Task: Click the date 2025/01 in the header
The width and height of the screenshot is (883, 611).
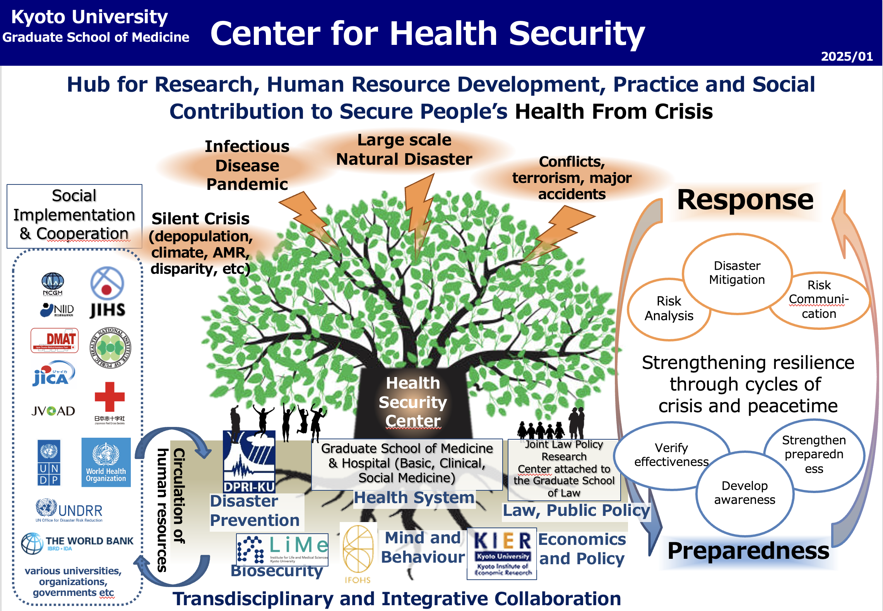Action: tap(846, 56)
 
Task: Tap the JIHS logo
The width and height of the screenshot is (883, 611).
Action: tap(107, 292)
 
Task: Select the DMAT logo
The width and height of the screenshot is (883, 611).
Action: tap(55, 340)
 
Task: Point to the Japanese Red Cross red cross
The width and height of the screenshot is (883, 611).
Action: tap(110, 397)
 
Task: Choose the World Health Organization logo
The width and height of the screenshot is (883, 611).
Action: tap(106, 462)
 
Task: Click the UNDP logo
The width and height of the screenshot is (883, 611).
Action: tap(49, 463)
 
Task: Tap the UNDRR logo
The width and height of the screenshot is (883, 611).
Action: tap(69, 510)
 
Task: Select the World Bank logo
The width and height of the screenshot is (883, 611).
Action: tap(77, 543)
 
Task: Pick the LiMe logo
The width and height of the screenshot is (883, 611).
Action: tap(282, 549)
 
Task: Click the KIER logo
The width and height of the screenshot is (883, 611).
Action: tap(502, 553)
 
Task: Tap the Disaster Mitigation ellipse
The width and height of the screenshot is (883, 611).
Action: tap(737, 273)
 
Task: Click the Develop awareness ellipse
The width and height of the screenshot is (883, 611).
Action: tap(744, 493)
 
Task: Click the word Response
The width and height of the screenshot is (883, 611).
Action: tap(745, 200)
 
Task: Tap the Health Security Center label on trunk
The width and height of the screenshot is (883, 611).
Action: tap(413, 402)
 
